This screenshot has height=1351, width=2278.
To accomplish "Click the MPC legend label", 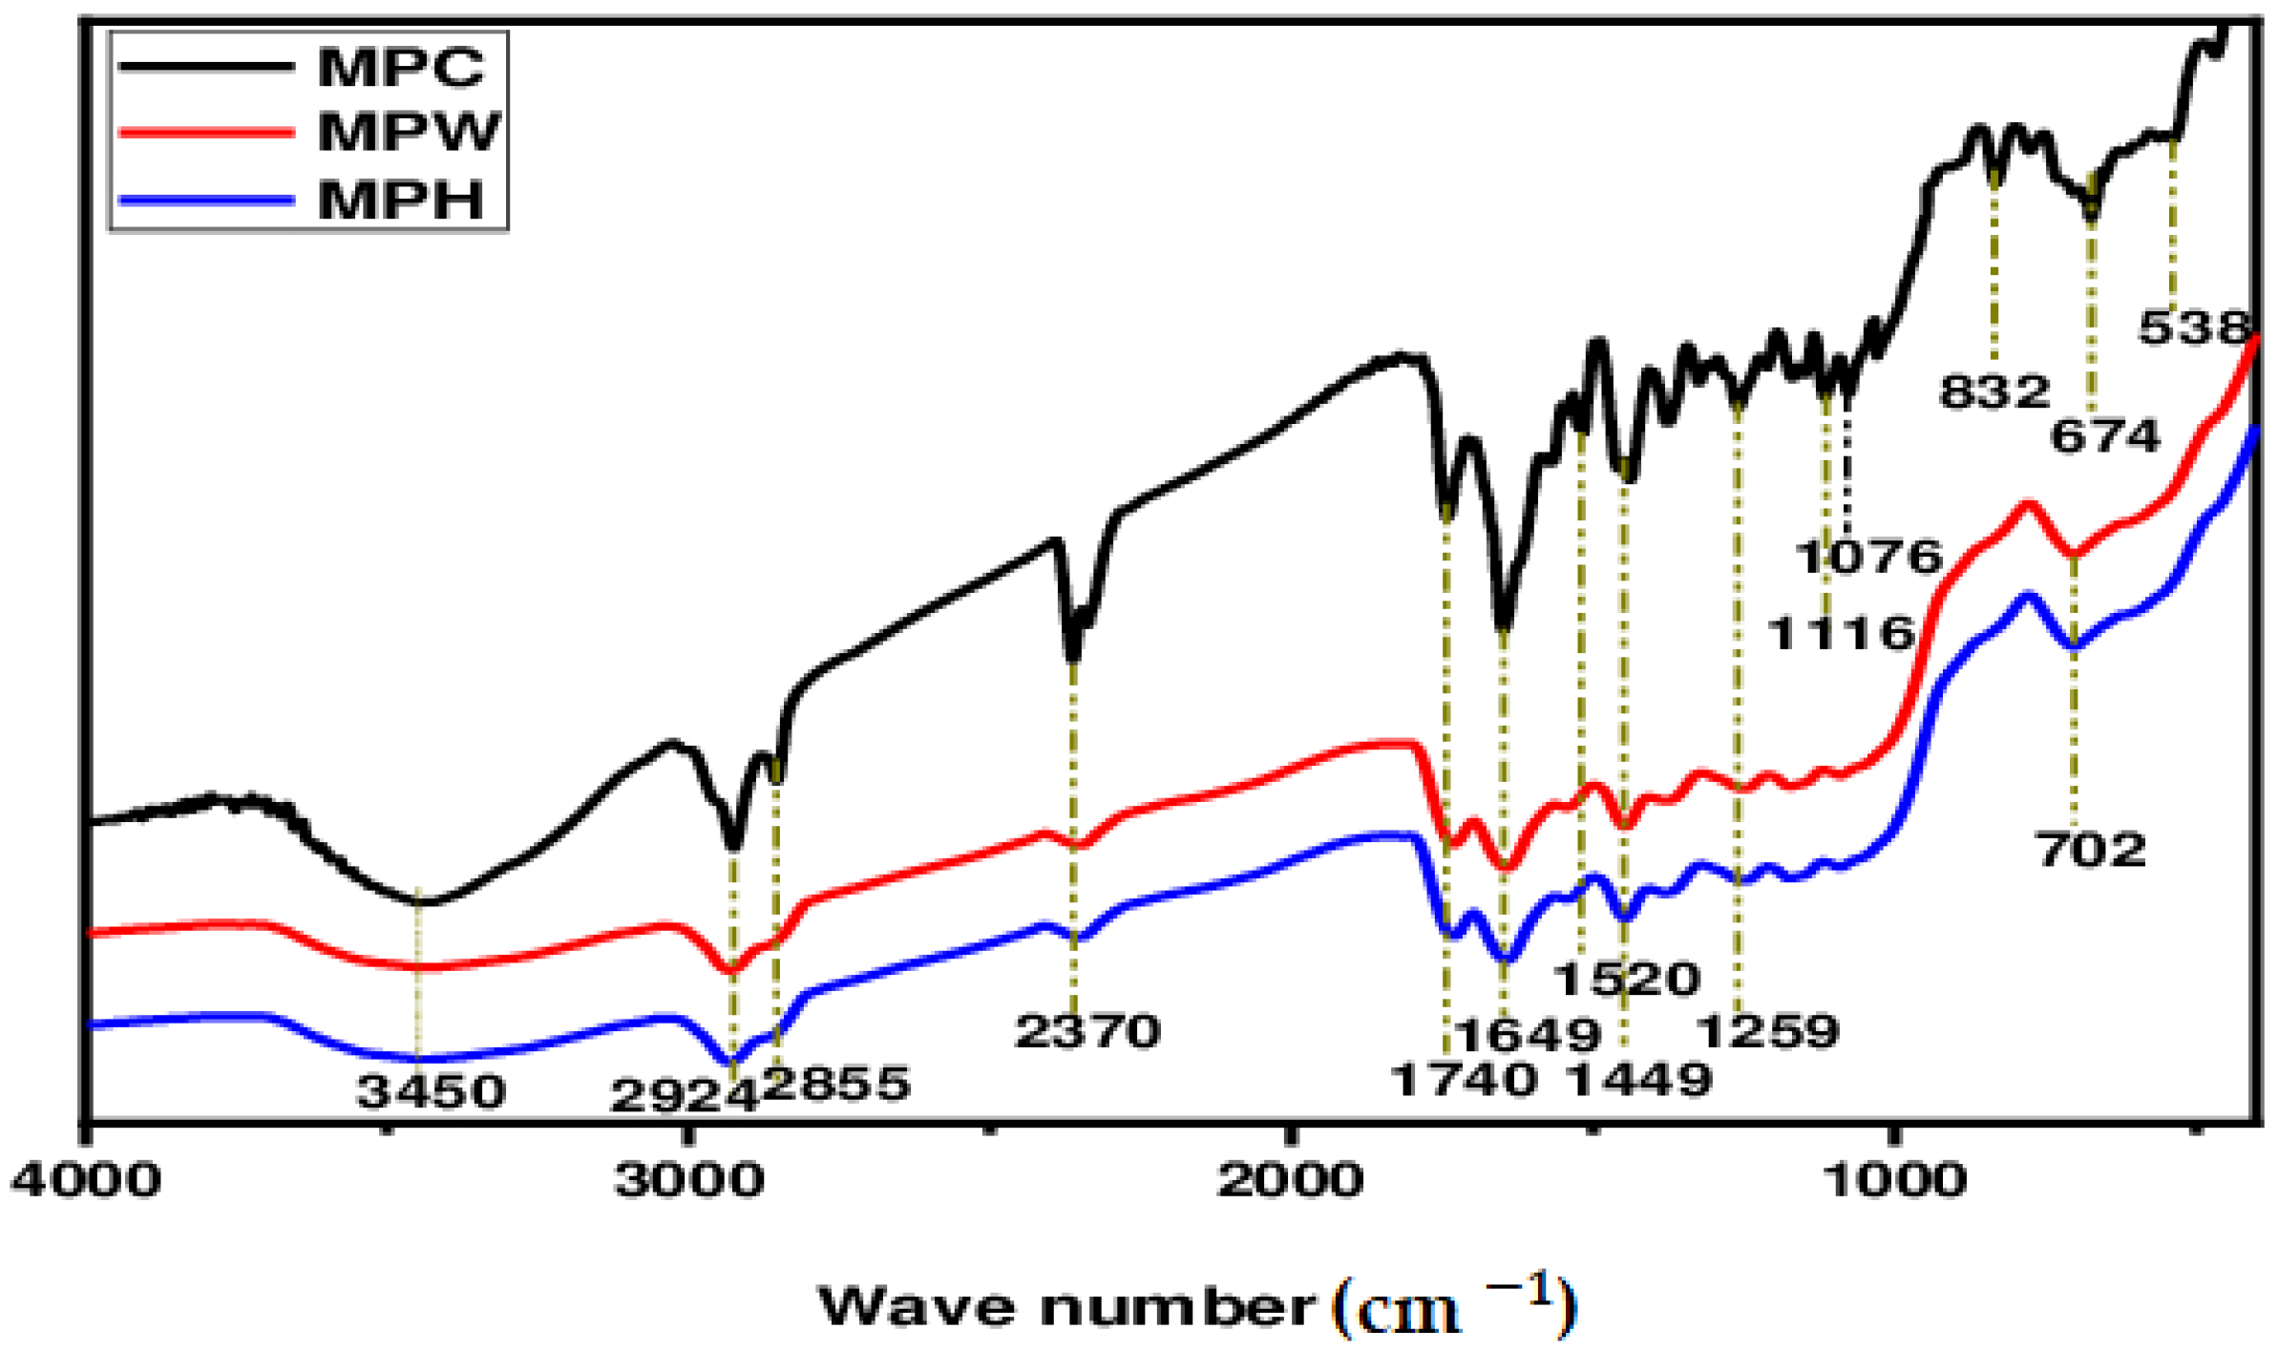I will [400, 68].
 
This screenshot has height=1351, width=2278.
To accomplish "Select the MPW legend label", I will [408, 132].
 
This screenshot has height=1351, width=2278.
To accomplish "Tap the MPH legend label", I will [400, 201].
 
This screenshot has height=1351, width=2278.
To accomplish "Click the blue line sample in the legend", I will [205, 201].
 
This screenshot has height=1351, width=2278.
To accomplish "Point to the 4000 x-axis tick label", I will [85, 1181].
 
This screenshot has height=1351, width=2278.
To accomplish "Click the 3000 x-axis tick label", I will [688, 1181].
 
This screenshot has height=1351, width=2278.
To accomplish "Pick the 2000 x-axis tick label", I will [1290, 1181].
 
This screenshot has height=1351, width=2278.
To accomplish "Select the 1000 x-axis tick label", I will [1894, 1181].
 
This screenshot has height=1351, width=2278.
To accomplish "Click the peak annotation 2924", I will [684, 1096].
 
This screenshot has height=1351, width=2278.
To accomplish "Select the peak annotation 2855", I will [836, 1084].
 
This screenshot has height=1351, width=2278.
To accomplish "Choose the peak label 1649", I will [1527, 1035].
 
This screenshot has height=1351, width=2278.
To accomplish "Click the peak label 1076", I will [1868, 557].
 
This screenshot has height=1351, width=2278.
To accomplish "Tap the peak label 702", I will [2091, 850].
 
